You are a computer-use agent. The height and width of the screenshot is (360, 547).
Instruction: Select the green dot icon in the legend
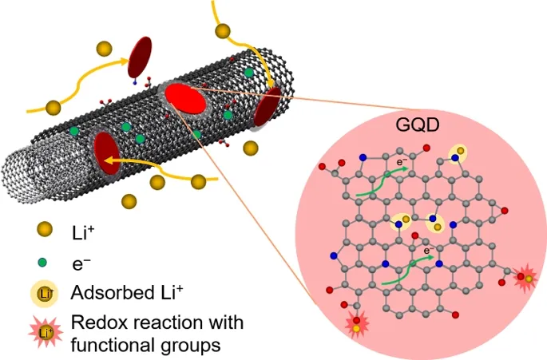pyautogui.click(x=42, y=262)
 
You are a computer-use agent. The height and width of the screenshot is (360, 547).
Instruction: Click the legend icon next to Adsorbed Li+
pyautogui.click(x=44, y=294)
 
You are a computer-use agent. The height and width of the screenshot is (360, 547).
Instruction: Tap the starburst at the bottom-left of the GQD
pyautogui.click(x=356, y=324)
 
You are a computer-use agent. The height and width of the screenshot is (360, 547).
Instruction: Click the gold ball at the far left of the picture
pyautogui.click(x=54, y=107)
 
